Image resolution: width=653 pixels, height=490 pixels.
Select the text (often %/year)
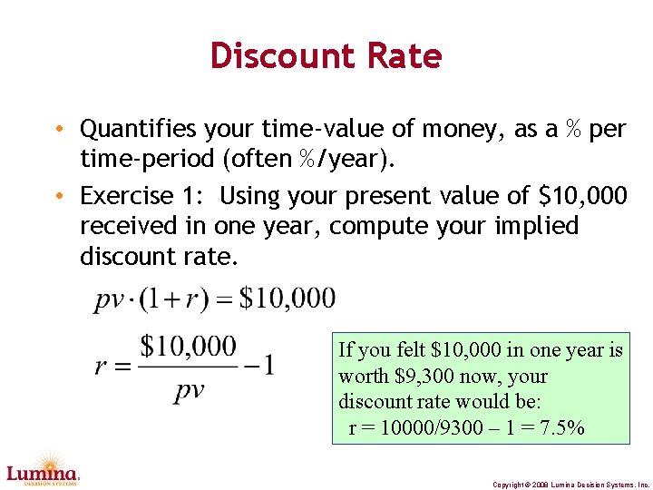307,161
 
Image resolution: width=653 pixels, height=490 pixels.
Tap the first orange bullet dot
59,130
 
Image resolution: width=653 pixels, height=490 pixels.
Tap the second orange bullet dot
59,196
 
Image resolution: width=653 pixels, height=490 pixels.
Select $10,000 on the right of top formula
287,299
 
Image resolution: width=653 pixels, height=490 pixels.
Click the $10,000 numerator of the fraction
188,347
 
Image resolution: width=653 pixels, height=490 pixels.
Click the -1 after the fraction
259,365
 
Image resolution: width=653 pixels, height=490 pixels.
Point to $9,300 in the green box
420,376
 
